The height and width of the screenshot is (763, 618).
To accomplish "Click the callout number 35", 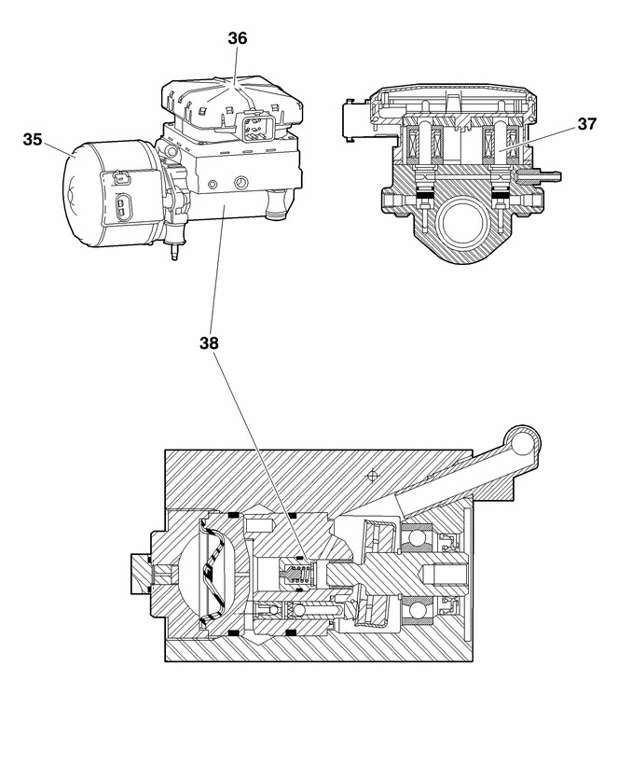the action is point(33,140).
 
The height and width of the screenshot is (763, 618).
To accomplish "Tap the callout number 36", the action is point(238,38).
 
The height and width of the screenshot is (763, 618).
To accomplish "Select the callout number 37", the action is point(587,124).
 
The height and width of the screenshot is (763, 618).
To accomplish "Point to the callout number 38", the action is point(209,343).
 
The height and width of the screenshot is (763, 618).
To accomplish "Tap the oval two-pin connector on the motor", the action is point(121,206).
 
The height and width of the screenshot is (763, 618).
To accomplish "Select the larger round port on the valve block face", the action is point(240,183).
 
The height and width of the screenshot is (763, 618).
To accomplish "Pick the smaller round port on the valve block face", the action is point(212,185).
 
